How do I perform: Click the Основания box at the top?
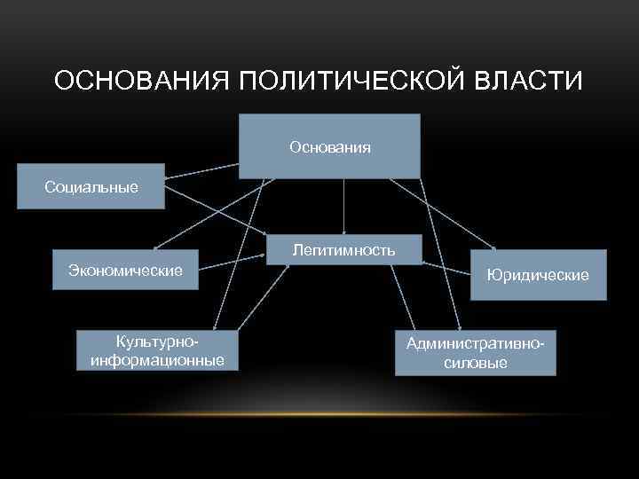pyautogui.click(x=329, y=146)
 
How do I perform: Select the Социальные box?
pyautogui.click(x=91, y=186)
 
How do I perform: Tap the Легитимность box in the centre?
pyautogui.click(x=343, y=250)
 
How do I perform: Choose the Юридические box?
pyautogui.click(x=537, y=275)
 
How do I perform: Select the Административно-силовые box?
pyautogui.click(x=475, y=353)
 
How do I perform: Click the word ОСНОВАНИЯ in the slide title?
pyautogui.click(x=142, y=81)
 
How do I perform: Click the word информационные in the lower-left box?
pyautogui.click(x=157, y=360)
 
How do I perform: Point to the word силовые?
pyautogui.click(x=475, y=363)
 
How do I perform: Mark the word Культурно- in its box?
pyautogui.click(x=157, y=342)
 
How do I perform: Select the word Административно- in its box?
pyautogui.click(x=475, y=343)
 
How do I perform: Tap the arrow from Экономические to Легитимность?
pyautogui.click(x=233, y=262)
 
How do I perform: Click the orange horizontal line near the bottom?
pyautogui.click(x=319, y=414)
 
